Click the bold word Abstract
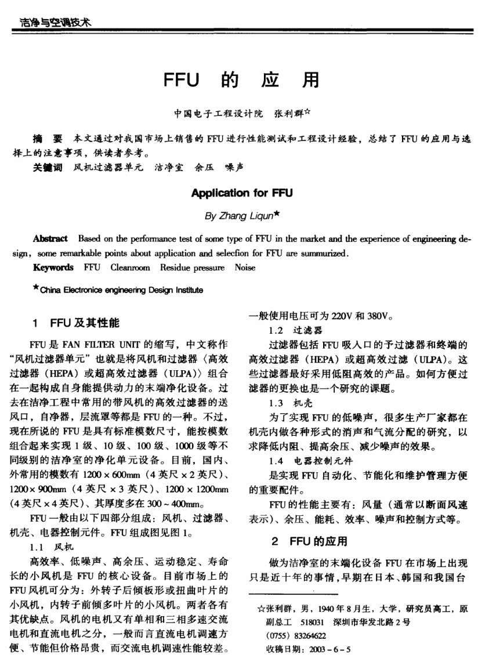[51, 238]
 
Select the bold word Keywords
[53, 267]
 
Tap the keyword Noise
[245, 267]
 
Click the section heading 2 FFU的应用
[310, 542]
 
